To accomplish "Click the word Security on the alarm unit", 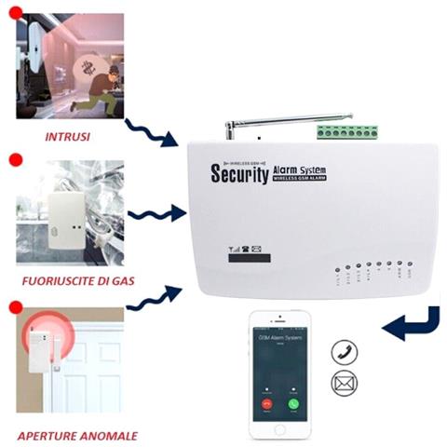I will [240, 174].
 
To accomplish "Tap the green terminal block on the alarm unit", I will [337, 132].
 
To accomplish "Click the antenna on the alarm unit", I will [279, 122].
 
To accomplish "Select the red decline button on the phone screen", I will [266, 405].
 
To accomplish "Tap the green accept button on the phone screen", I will [295, 405].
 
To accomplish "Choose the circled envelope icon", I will [343, 383].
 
